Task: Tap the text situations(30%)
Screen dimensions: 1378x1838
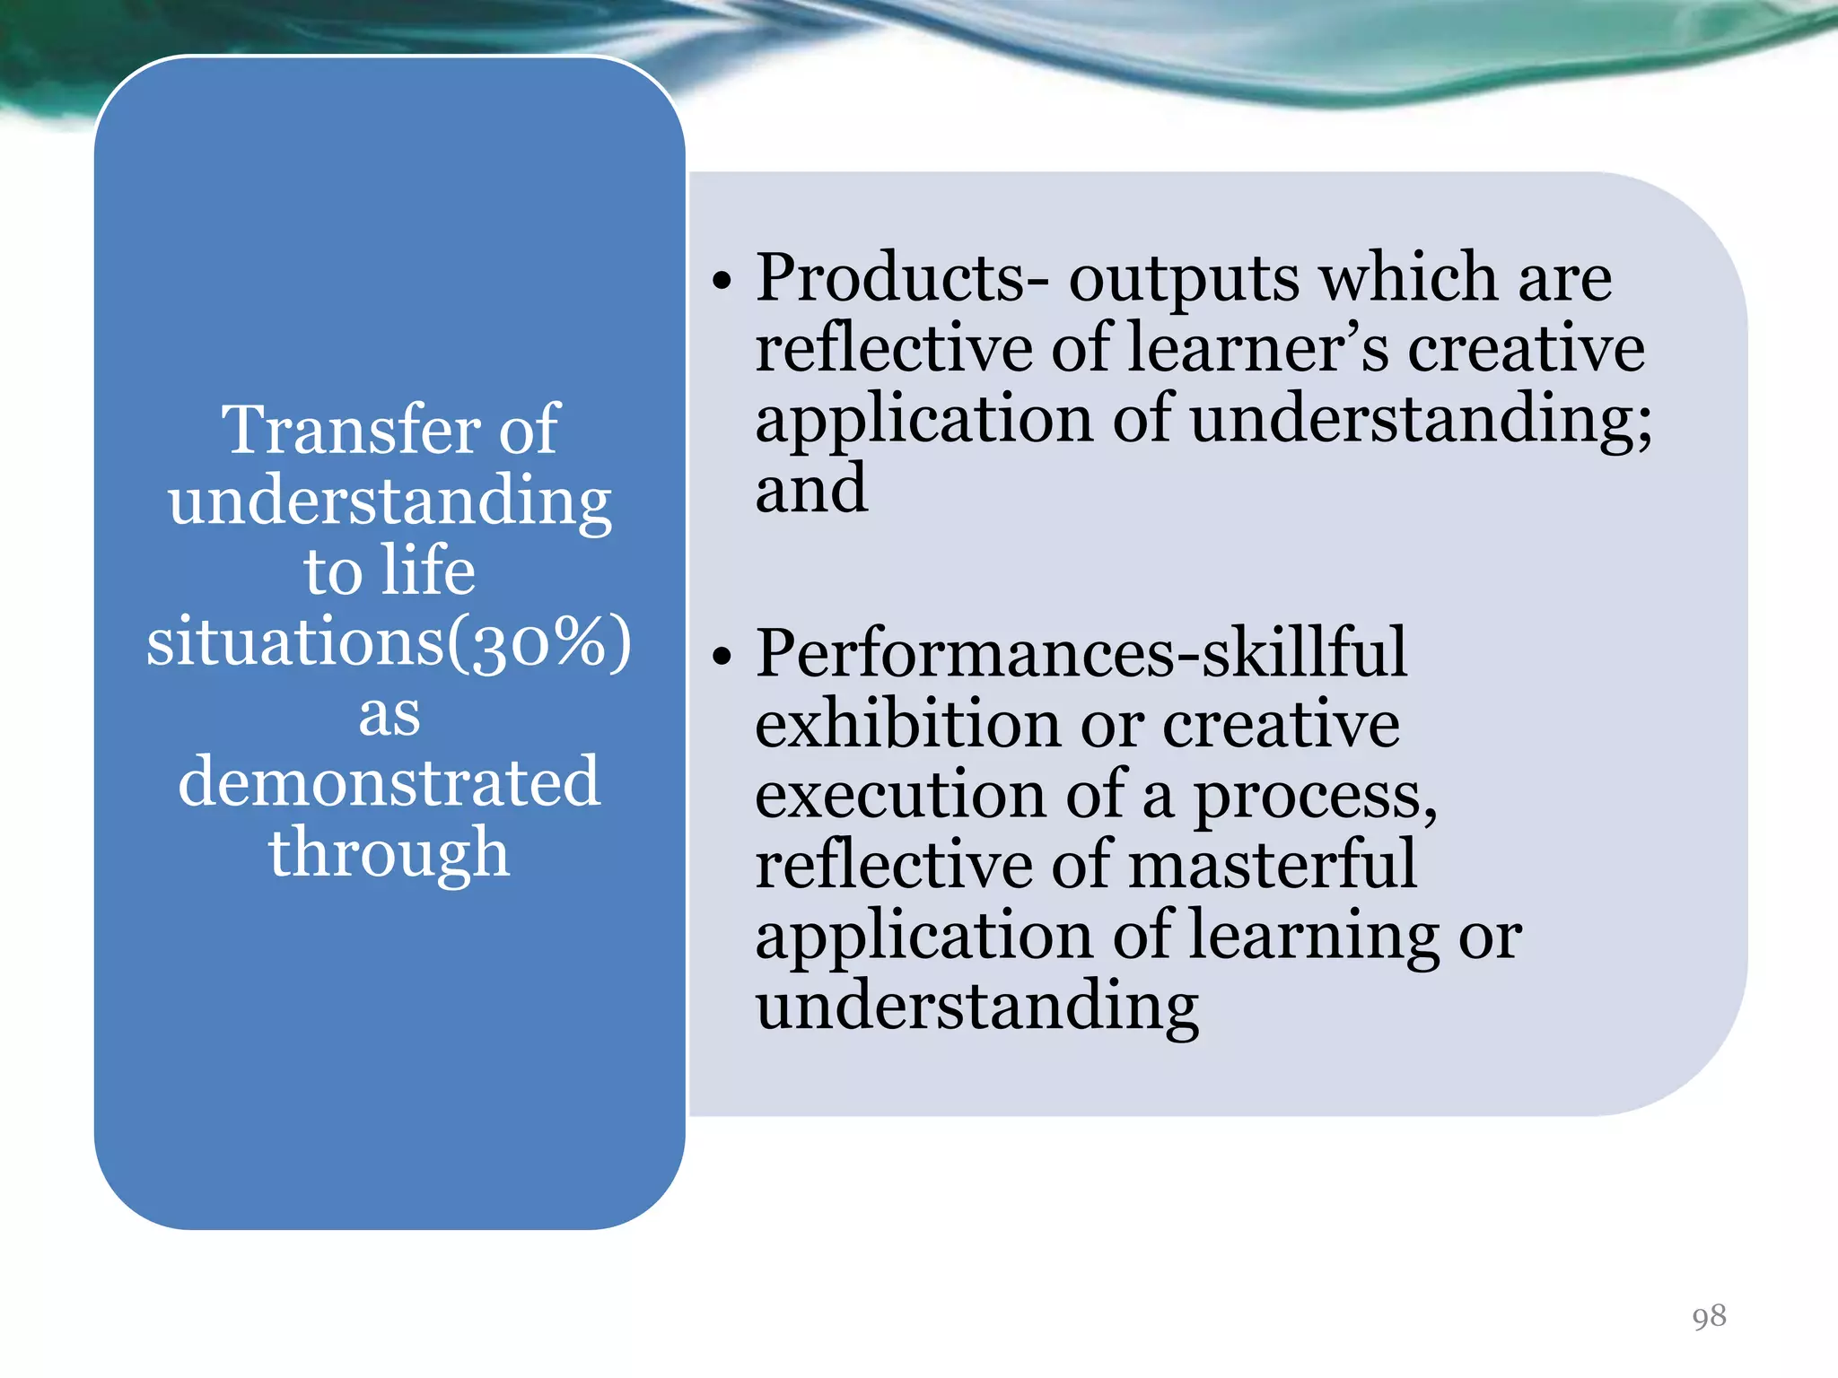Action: [389, 642]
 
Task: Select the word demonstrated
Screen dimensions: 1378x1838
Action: [389, 781]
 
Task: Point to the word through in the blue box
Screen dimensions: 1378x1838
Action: [389, 852]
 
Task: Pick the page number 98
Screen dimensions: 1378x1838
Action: [1709, 1316]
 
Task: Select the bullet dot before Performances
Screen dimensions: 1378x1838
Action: [722, 657]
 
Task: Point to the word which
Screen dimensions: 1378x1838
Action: [1410, 277]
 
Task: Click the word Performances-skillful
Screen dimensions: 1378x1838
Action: [1081, 652]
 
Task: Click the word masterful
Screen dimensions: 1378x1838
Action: [1272, 864]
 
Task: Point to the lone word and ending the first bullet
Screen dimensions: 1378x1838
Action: [811, 490]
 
